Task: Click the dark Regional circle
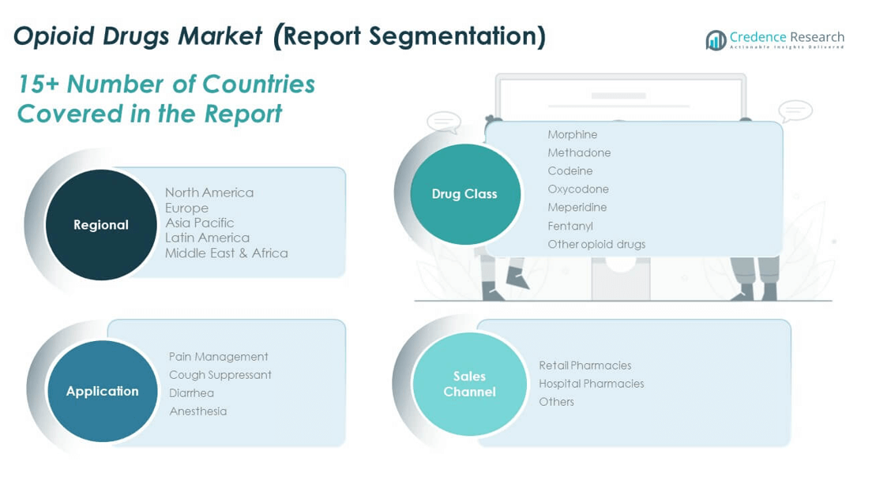click(x=101, y=225)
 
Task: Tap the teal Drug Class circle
click(x=465, y=193)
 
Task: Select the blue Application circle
click(x=102, y=391)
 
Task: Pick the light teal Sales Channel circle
click(x=470, y=384)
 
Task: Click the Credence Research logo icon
click(x=716, y=39)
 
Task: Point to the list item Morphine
click(x=572, y=135)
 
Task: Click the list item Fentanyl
click(x=570, y=226)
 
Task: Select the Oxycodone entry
click(x=578, y=189)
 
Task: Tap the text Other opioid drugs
click(x=596, y=244)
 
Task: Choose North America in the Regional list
click(x=209, y=193)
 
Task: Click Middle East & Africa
click(x=226, y=253)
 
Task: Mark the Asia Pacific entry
click(x=200, y=223)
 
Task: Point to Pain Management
click(x=218, y=357)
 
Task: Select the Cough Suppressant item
click(x=220, y=375)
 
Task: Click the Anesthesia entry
click(x=197, y=411)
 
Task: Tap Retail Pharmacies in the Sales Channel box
click(x=585, y=366)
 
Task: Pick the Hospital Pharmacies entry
click(x=591, y=384)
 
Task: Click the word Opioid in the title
click(x=54, y=36)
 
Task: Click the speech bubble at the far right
click(x=795, y=111)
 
